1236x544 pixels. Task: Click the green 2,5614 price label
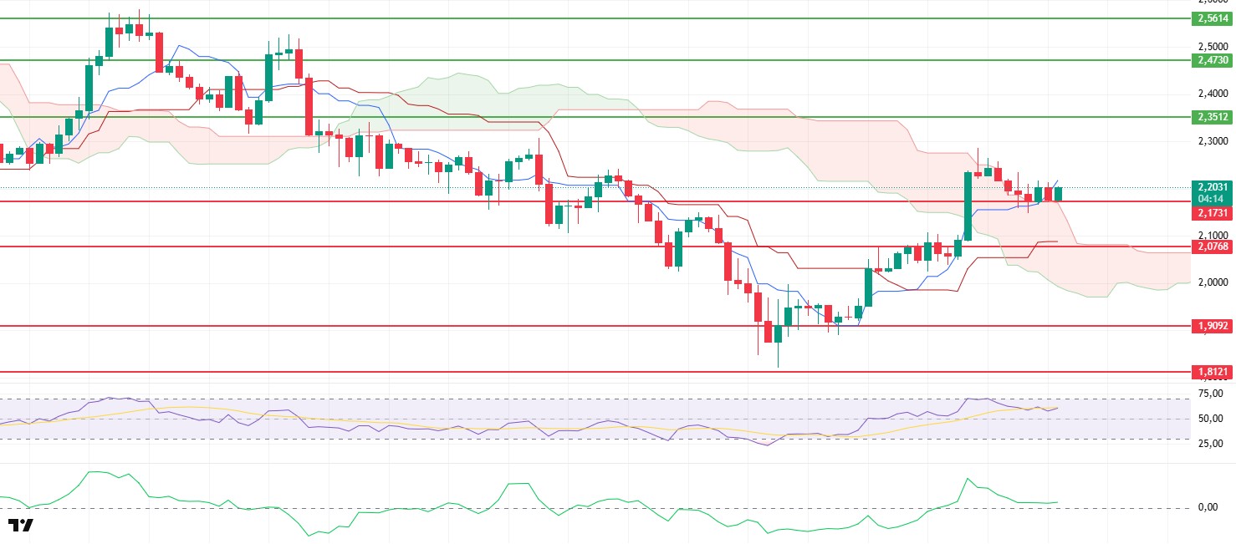click(1211, 18)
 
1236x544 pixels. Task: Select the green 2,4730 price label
click(1211, 60)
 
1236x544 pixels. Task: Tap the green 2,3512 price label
click(1211, 117)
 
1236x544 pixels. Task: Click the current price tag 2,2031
click(1211, 187)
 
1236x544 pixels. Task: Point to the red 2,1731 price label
click(1211, 213)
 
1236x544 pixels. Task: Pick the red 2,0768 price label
click(1211, 247)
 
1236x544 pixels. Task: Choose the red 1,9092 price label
click(1211, 326)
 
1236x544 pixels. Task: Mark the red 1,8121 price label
click(1211, 372)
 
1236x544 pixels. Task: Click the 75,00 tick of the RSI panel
click(1211, 393)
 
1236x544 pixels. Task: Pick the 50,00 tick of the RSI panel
click(1211, 419)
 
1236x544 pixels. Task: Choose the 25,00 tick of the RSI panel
click(1211, 444)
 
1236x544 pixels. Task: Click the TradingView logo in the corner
click(21, 526)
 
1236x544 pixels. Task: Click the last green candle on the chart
click(1059, 194)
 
